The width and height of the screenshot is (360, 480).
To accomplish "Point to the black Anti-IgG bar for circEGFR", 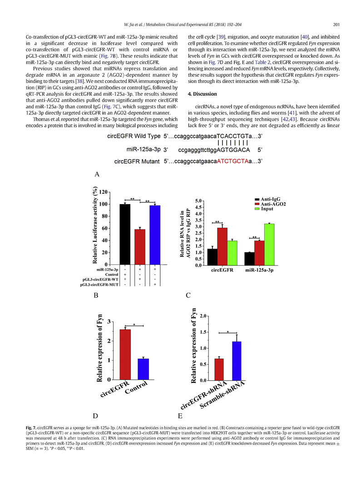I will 212,257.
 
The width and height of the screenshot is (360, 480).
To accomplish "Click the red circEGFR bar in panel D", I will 125,354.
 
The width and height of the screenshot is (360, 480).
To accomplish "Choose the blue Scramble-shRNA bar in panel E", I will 237,361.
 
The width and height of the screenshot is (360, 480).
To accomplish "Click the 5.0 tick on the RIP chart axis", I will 198,201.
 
